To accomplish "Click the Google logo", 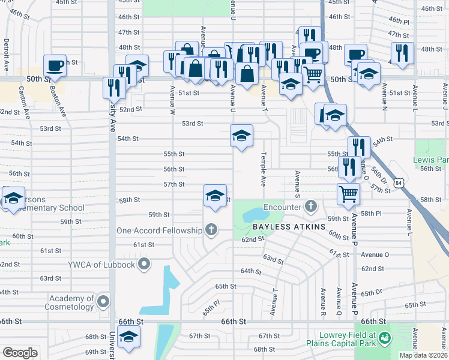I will [20, 353].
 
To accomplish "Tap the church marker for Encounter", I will [310, 207].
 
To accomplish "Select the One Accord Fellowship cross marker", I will [211, 230].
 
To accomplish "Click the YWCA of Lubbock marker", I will [144, 264].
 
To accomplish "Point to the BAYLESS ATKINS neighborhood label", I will [289, 227].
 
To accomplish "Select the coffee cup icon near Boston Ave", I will [55, 65].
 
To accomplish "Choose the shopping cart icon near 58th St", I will [348, 194].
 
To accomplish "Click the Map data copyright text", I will [423, 355].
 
